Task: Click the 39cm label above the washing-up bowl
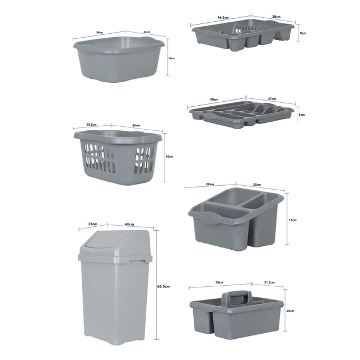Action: (x=99, y=33)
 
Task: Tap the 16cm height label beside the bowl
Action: (x=171, y=58)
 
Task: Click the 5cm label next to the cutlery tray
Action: (x=302, y=115)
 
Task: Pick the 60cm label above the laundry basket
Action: (x=136, y=126)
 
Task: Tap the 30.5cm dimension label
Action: (x=91, y=124)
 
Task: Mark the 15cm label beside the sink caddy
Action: (x=293, y=219)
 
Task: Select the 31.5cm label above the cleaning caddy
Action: (x=269, y=283)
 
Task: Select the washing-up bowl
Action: (x=119, y=59)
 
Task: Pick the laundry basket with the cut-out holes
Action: (x=118, y=157)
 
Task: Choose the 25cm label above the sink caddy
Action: (x=257, y=185)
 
